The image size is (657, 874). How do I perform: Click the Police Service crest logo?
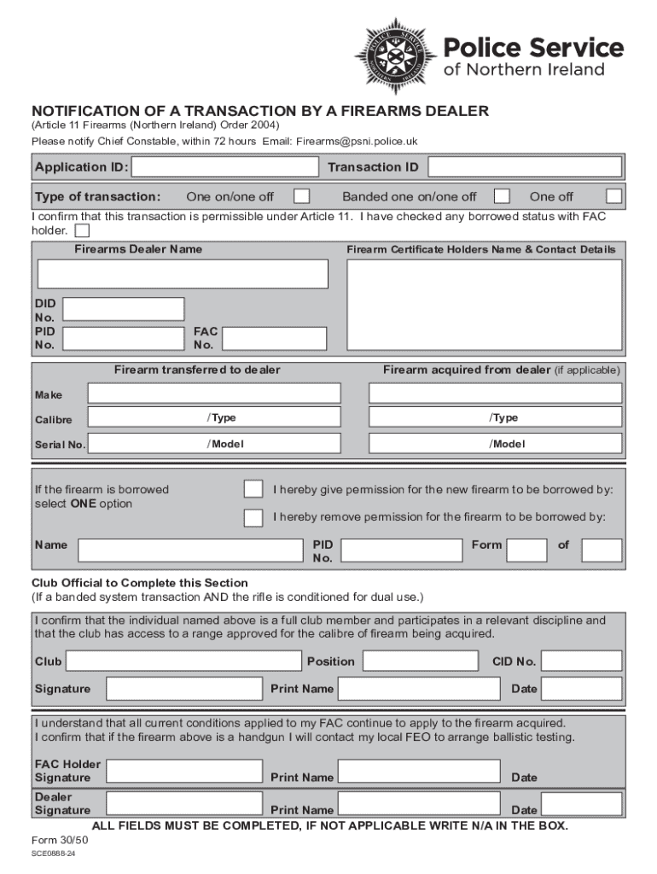[393, 56]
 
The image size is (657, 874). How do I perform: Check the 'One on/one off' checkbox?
[301, 196]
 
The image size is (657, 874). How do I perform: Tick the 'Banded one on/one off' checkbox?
[502, 196]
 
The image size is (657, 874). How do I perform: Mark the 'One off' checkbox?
[613, 196]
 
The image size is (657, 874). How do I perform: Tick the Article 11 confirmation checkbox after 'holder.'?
[82, 230]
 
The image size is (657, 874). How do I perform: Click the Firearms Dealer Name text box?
[183, 274]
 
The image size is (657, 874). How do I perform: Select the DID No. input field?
[124, 309]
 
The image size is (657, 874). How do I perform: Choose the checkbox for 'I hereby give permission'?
[253, 489]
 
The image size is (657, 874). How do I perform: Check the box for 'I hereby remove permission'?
[253, 518]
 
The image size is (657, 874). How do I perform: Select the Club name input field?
[184, 661]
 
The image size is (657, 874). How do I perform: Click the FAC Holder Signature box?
[183, 772]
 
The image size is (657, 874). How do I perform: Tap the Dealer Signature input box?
[183, 804]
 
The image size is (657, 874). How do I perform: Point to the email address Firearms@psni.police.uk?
[358, 141]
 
